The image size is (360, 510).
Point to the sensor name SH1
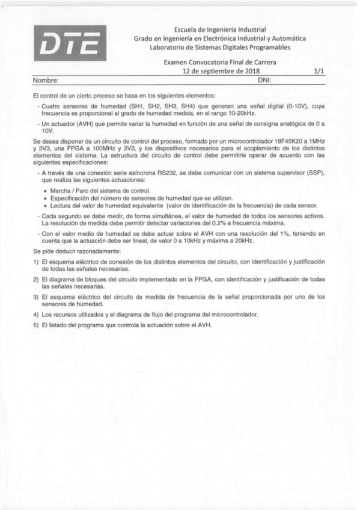(123, 106)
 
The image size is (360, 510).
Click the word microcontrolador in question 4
(233, 315)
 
